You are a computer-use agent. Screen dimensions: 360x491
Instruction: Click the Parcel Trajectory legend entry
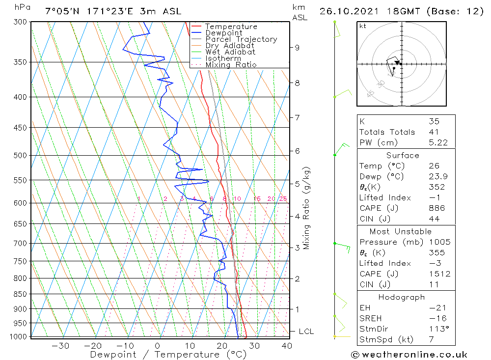coord(241,39)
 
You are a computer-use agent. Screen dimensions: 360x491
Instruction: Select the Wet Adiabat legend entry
coord(230,52)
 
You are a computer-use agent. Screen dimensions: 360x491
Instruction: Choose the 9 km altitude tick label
coord(297,48)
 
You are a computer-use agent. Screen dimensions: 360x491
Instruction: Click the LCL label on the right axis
coord(306,332)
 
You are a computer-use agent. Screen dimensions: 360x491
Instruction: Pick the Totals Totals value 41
coord(434,132)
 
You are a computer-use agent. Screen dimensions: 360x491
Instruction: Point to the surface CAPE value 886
coord(436,208)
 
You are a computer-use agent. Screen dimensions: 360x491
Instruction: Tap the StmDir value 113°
coord(438,329)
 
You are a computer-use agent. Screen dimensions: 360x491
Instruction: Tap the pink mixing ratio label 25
coord(283,199)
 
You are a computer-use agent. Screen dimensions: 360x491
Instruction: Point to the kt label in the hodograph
coord(362,26)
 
